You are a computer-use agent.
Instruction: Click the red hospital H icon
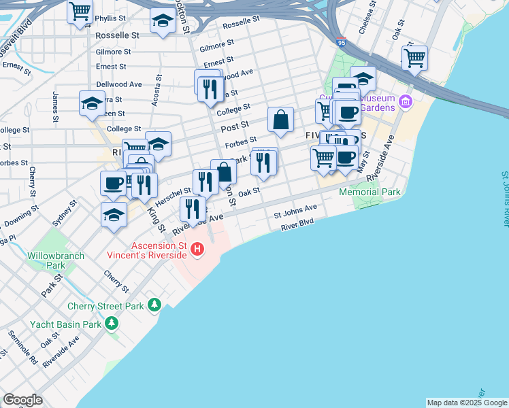point(197,250)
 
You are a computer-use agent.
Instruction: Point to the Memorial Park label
point(370,192)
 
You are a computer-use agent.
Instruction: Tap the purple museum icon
point(406,102)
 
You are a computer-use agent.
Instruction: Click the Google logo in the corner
point(22,400)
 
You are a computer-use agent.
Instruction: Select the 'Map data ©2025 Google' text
point(467,403)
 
